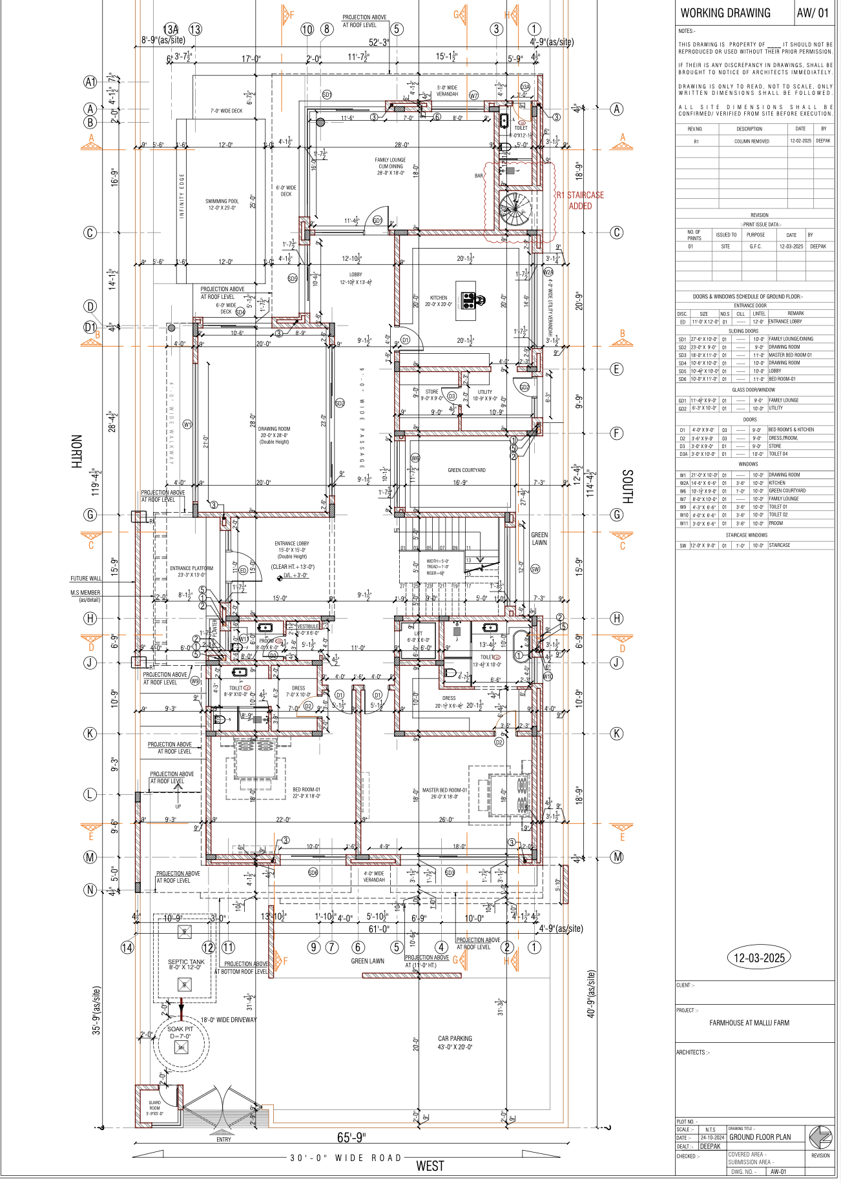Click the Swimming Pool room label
222,204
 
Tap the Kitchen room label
439,301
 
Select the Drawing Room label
274,435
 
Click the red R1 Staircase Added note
580,200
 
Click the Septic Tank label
186,964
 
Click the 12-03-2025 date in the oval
759,958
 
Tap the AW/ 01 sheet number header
812,13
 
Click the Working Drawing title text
725,13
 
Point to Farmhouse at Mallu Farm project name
749,1023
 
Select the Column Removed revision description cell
751,141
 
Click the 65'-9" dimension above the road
351,1137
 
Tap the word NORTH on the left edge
76,451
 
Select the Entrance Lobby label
291,547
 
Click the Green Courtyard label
466,470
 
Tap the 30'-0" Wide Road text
346,1158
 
